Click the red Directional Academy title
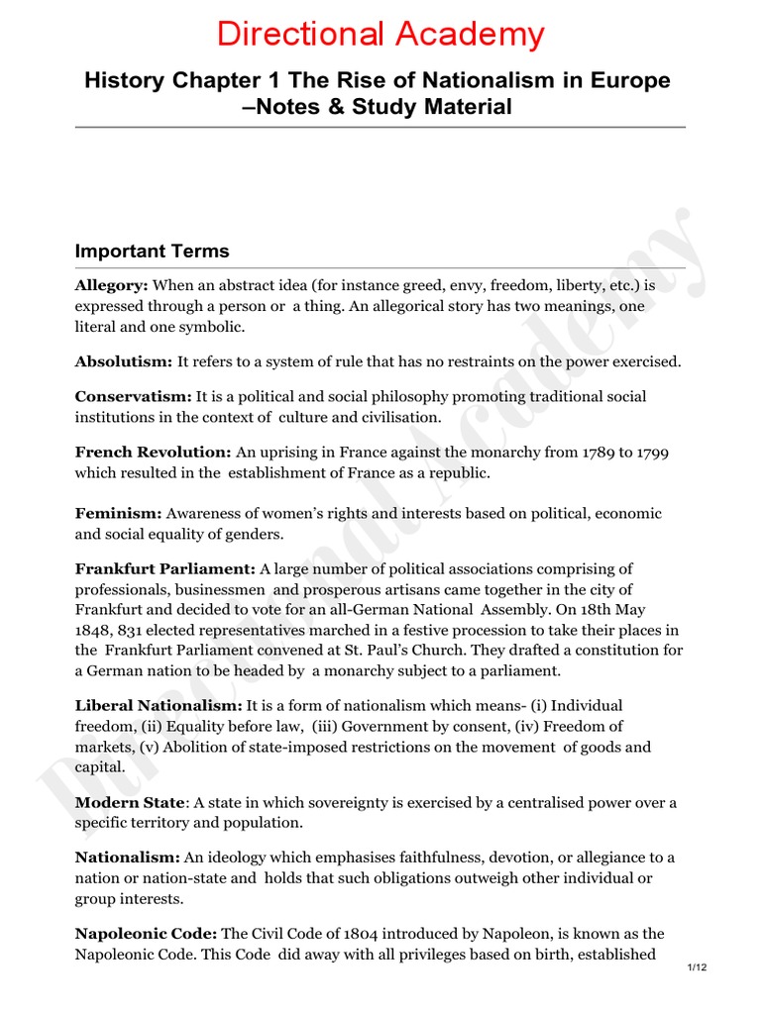[x=380, y=35]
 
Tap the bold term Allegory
[x=112, y=285]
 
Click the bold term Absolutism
[x=124, y=361]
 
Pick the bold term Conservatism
[x=133, y=396]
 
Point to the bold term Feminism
[x=118, y=514]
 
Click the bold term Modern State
[x=130, y=802]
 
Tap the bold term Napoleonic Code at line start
[x=147, y=934]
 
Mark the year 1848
[x=92, y=630]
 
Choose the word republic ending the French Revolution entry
[x=457, y=472]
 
